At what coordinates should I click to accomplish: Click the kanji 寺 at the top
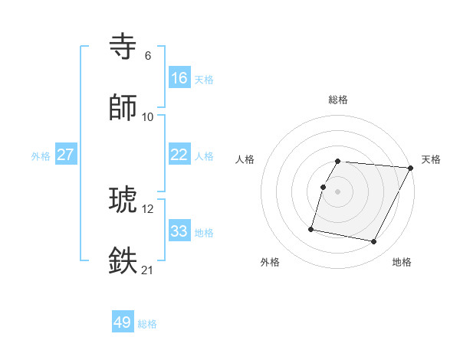tap(124, 47)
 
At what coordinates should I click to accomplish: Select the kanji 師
tap(124, 108)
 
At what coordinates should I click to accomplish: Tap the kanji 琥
tap(124, 201)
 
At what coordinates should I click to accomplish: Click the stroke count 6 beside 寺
tap(148, 55)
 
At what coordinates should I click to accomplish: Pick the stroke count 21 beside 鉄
tap(148, 270)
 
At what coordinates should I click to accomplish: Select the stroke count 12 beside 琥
tap(148, 208)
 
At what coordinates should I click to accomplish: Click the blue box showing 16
tap(179, 78)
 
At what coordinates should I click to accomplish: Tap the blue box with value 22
tap(179, 155)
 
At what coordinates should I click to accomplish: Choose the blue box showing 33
tap(179, 231)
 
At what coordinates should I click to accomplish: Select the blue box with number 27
tap(66, 155)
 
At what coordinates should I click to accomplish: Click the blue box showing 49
tap(123, 322)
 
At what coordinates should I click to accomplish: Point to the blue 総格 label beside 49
tap(148, 324)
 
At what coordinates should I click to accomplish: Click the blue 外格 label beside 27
tap(41, 155)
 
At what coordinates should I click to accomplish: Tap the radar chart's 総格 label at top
tap(338, 100)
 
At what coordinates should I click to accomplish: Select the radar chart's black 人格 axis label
tap(245, 159)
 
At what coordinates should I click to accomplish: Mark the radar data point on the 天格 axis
tap(411, 168)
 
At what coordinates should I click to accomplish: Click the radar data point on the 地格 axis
tap(374, 242)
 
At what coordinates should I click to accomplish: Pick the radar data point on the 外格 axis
tap(311, 228)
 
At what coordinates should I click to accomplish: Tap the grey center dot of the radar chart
tap(338, 191)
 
